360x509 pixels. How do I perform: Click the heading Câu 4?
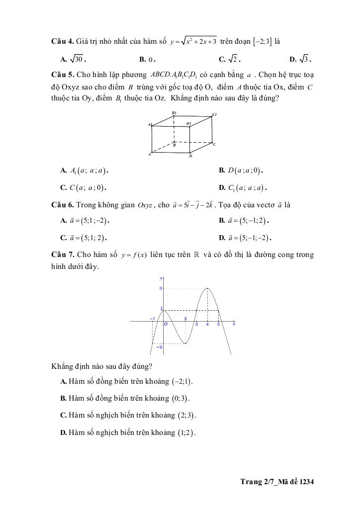(x=63, y=40)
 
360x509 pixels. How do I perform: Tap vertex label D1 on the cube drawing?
(x=189, y=123)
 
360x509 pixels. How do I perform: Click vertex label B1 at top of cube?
(x=174, y=113)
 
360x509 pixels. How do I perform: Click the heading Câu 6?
(x=63, y=204)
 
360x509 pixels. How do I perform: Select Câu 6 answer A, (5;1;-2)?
(x=85, y=220)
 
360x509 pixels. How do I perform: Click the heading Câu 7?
(x=63, y=254)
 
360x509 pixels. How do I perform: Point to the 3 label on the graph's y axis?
(x=160, y=288)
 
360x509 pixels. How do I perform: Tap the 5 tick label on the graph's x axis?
(x=218, y=325)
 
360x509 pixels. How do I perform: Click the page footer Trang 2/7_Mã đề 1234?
(x=277, y=482)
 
